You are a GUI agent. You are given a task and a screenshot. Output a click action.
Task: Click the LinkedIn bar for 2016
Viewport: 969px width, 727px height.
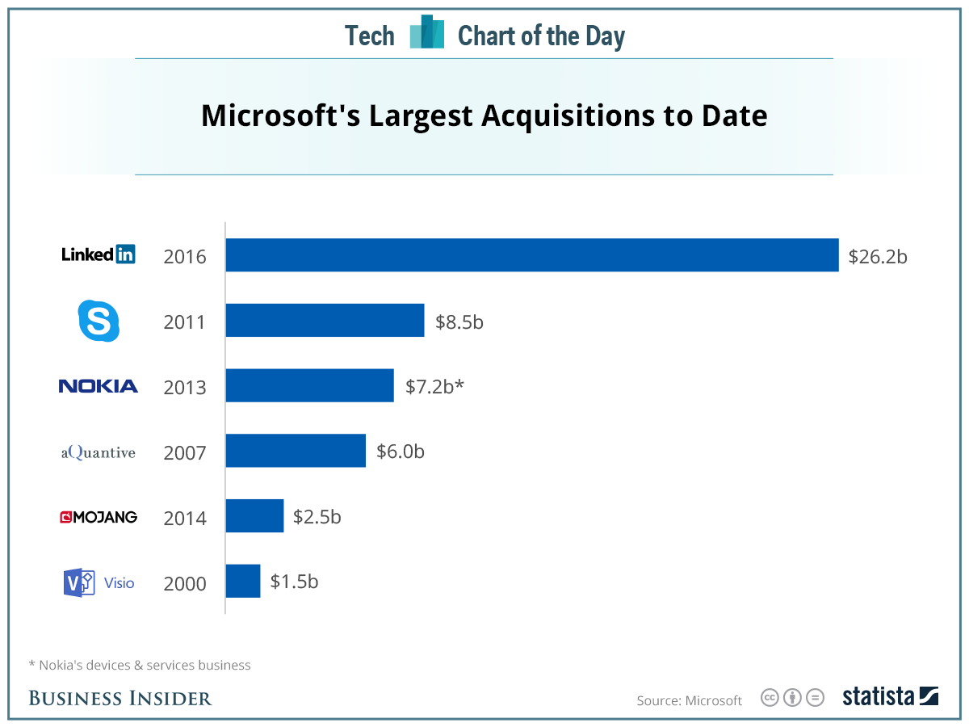531,255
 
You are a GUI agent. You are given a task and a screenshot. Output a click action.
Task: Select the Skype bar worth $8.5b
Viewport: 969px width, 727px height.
325,321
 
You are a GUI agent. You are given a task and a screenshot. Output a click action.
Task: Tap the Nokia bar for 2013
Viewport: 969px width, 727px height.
309,385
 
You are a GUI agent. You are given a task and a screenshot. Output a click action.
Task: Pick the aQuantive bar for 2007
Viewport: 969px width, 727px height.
296,451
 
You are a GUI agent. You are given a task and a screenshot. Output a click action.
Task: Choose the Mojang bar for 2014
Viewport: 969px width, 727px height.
254,516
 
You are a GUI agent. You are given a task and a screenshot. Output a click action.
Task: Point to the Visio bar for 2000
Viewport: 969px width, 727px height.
243,581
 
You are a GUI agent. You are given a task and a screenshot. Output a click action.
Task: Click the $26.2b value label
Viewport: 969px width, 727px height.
878,257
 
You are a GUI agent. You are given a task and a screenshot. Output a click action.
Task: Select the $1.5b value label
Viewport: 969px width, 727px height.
294,582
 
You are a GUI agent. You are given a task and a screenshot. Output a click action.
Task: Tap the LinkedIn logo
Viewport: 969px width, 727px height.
99,254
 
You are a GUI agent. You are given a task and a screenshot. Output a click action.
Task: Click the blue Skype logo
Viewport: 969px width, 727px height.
99,320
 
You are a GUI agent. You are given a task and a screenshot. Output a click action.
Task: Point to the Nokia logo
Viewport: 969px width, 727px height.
99,386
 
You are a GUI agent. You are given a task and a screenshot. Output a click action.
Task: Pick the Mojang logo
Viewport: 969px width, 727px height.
99,517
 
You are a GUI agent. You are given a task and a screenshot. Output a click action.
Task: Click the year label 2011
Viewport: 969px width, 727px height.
185,322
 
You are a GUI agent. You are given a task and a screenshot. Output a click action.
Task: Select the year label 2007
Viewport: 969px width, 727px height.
185,452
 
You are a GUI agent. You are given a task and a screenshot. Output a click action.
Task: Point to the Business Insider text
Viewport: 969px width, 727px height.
120,698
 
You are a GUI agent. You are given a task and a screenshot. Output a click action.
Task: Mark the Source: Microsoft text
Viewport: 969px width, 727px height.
689,700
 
